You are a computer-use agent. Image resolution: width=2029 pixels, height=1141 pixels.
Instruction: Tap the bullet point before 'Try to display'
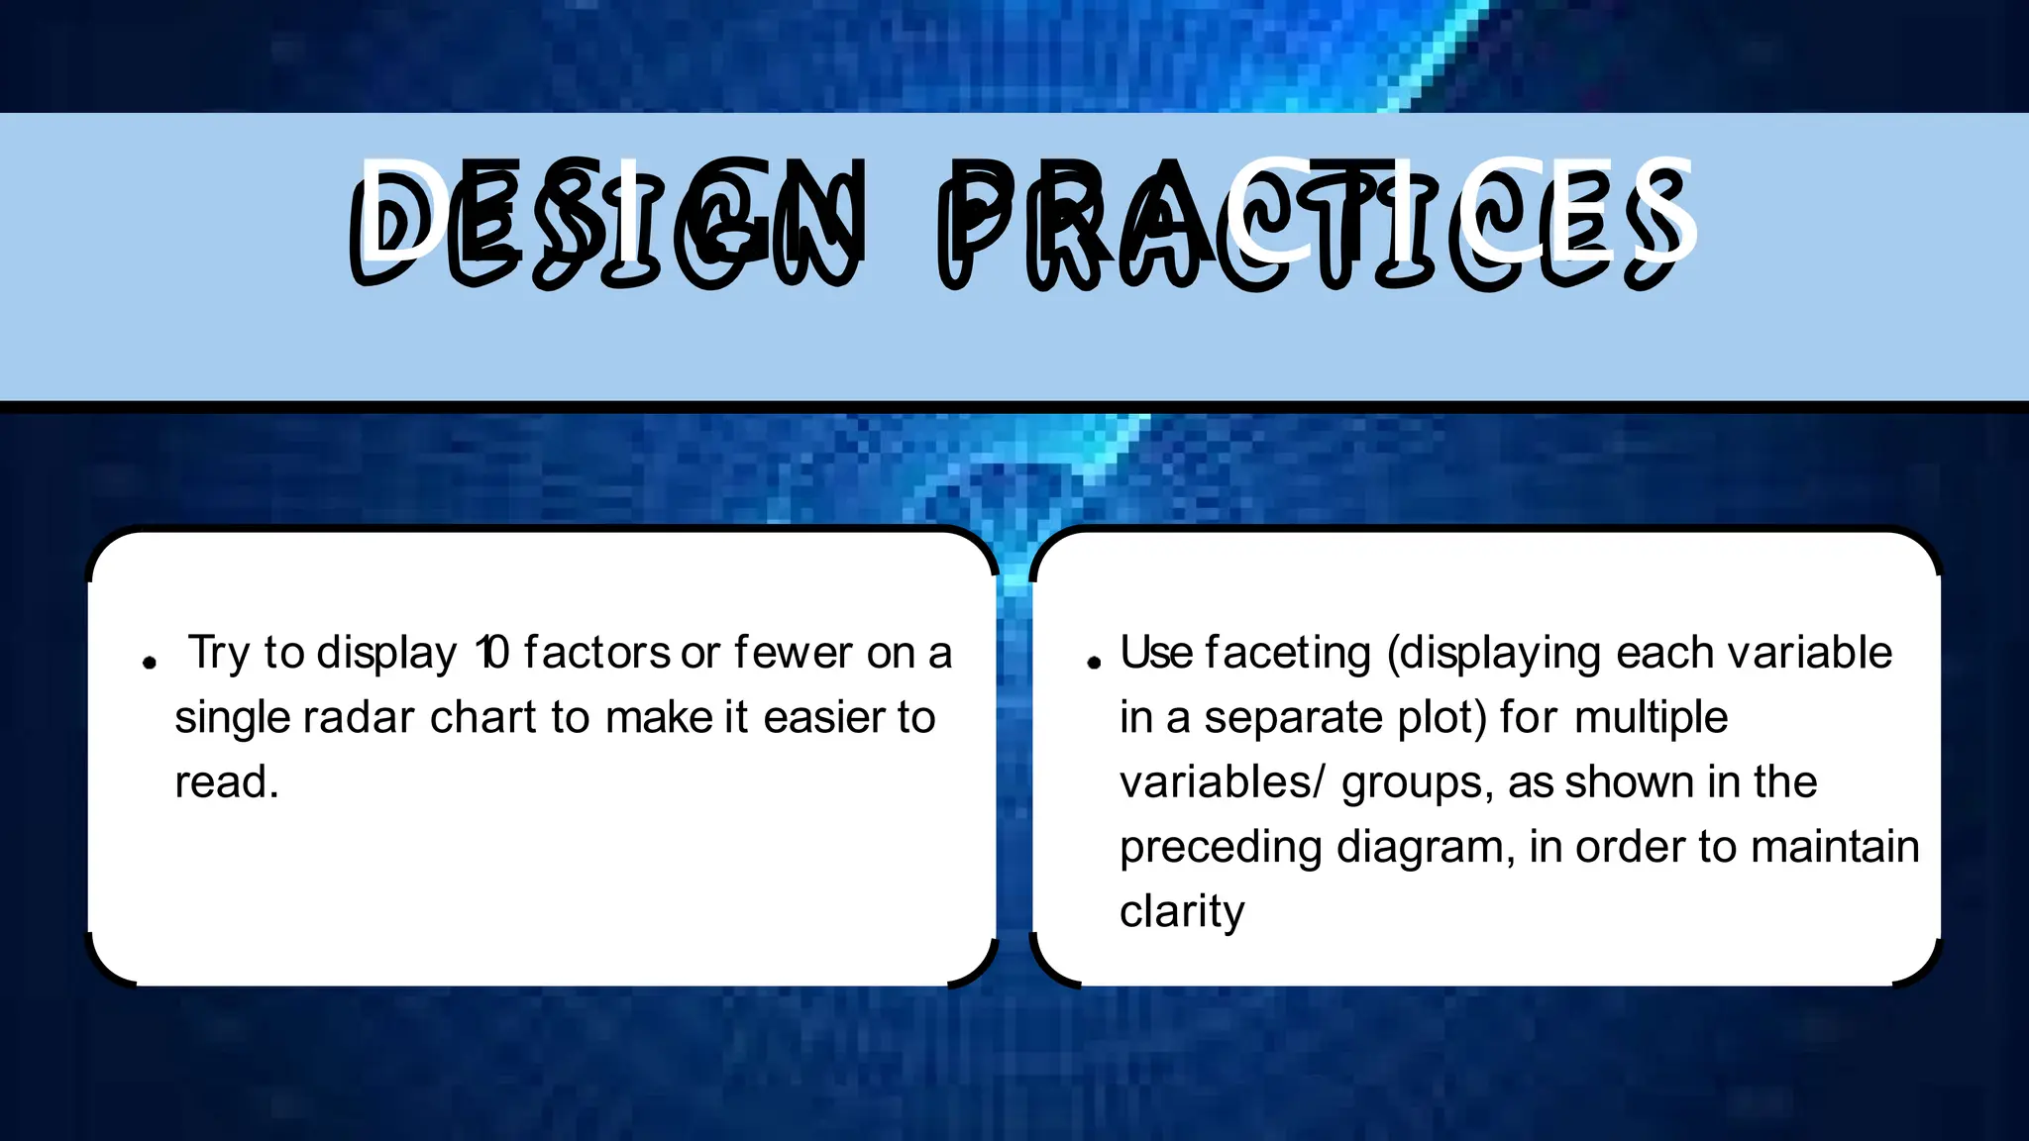[150, 663]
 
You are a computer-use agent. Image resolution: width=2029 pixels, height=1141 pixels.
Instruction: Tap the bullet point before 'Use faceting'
[1094, 663]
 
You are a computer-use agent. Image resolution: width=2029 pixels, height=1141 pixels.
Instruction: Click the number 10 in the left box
[492, 654]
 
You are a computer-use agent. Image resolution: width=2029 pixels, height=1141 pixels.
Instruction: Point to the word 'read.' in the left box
[227, 782]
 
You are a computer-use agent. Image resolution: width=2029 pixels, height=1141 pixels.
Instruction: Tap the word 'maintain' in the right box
[1835, 848]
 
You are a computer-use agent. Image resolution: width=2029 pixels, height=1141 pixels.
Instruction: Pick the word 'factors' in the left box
[597, 654]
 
